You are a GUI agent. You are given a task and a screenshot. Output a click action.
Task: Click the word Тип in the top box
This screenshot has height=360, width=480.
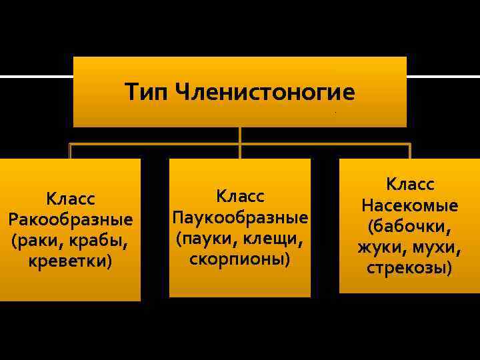[x=145, y=92]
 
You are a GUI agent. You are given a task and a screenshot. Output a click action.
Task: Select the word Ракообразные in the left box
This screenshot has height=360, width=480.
[x=71, y=219]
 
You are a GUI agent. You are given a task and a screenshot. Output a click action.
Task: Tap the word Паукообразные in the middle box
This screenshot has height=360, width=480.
[x=240, y=217]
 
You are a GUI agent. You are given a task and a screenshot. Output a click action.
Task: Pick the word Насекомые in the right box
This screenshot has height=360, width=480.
[x=409, y=205]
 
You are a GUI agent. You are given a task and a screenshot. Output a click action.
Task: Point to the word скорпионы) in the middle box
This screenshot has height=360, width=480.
[x=240, y=258]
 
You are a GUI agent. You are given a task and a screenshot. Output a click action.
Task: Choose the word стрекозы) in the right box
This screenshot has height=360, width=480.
[x=409, y=268]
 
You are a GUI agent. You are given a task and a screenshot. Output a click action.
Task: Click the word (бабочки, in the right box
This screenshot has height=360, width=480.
[x=409, y=226]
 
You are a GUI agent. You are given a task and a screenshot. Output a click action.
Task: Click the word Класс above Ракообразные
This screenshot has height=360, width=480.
[x=71, y=199]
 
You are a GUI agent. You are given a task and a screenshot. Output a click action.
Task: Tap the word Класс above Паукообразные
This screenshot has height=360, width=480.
[x=240, y=197]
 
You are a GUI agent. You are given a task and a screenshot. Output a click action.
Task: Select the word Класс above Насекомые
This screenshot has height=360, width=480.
[x=409, y=183]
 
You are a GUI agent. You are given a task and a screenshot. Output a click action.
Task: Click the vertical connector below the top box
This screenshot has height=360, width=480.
[x=240, y=135]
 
